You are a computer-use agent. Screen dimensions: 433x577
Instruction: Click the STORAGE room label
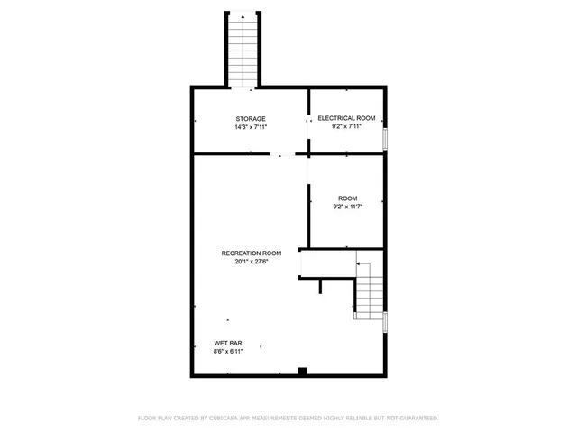click(251, 118)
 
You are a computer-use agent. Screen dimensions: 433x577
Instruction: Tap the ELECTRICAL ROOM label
click(346, 118)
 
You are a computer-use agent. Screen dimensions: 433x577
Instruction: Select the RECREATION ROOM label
click(252, 253)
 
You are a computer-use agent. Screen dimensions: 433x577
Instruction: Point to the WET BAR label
click(226, 343)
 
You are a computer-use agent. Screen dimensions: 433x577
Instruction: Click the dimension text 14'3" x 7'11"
click(251, 126)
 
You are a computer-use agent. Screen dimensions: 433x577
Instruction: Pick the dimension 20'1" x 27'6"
click(252, 262)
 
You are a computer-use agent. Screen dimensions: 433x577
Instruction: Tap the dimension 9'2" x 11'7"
click(347, 206)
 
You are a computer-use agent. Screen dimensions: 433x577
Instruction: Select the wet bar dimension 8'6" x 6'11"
click(226, 351)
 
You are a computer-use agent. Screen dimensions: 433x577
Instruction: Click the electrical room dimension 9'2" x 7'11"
click(346, 126)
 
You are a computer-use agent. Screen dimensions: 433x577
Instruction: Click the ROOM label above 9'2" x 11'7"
click(347, 198)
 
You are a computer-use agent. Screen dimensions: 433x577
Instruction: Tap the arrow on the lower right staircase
click(359, 263)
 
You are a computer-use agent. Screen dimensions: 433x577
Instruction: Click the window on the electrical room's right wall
click(386, 138)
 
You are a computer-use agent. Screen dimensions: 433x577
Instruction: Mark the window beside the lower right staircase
click(386, 322)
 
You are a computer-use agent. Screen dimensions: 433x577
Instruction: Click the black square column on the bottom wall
click(302, 371)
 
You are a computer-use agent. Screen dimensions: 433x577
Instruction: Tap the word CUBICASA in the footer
click(228, 419)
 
